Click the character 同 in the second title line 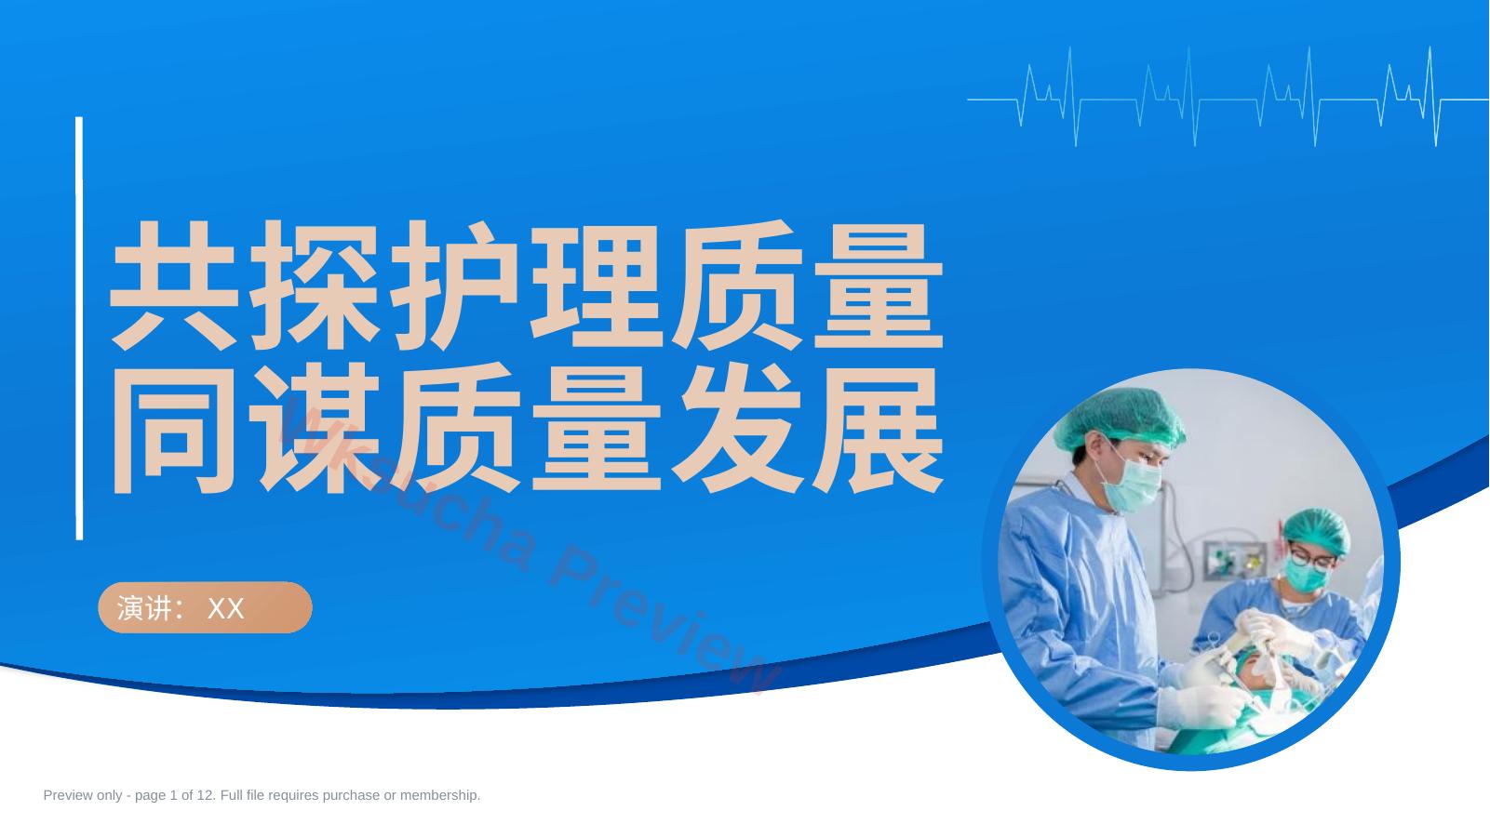[174, 429]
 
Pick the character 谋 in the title [315, 429]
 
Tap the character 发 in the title [737, 429]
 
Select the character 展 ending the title [878, 429]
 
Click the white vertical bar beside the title [79, 328]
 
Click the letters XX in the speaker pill [225, 608]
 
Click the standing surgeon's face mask [1132, 485]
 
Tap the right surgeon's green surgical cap [1316, 530]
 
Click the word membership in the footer [439, 795]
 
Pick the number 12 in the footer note [205, 795]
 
